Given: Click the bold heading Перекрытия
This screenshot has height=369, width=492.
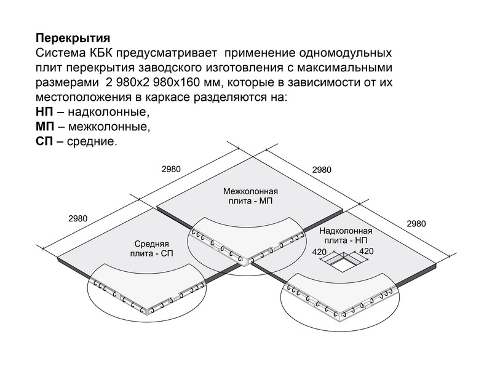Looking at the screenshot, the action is tap(73, 38).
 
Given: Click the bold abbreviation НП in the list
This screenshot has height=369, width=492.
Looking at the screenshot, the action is tap(44, 112).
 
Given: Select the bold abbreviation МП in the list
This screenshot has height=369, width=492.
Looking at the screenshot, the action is tap(45, 127).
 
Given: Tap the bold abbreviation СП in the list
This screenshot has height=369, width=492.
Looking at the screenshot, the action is tap(44, 141).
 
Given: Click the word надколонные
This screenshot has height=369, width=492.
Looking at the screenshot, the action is tap(109, 113).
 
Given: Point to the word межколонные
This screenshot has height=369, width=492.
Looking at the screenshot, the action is tap(109, 127).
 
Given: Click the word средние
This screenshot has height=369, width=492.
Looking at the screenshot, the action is tap(92, 142).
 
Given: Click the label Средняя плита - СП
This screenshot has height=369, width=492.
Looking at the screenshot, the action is tap(151, 248).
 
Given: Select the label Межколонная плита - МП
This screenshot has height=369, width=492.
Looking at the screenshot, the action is tap(250, 196).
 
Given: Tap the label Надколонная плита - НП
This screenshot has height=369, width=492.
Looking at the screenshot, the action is tap(346, 236).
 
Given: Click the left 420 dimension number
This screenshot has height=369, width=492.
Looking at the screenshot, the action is tap(319, 252).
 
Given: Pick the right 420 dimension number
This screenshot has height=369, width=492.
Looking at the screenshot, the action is tap(366, 252).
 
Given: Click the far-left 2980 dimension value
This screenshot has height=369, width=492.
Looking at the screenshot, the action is tap(78, 219).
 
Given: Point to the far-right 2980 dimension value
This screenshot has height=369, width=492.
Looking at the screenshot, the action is tap(416, 224).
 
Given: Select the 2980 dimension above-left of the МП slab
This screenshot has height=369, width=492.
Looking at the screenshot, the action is tap(171, 170).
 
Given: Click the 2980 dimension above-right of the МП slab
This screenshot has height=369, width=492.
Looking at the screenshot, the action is tap(322, 170).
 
